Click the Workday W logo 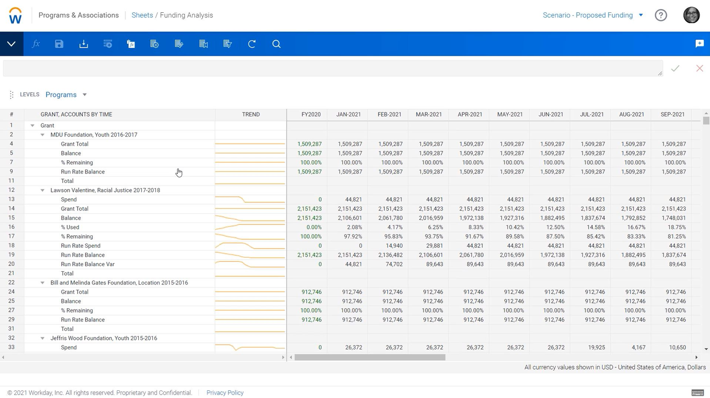pos(15,16)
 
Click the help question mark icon pos(661,15)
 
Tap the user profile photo pos(691,15)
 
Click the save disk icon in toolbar pos(59,44)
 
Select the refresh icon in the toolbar pos(252,44)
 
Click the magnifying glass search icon pos(276,44)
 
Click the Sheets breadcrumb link pos(142,15)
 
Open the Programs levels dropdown pos(66,95)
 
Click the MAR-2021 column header pos(428,114)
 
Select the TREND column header pos(250,114)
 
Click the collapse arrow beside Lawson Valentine pos(42,190)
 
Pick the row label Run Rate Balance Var pos(88,264)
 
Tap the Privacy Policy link pos(225,393)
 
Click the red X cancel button pos(699,69)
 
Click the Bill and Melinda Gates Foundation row pos(119,283)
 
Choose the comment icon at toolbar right pos(699,44)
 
